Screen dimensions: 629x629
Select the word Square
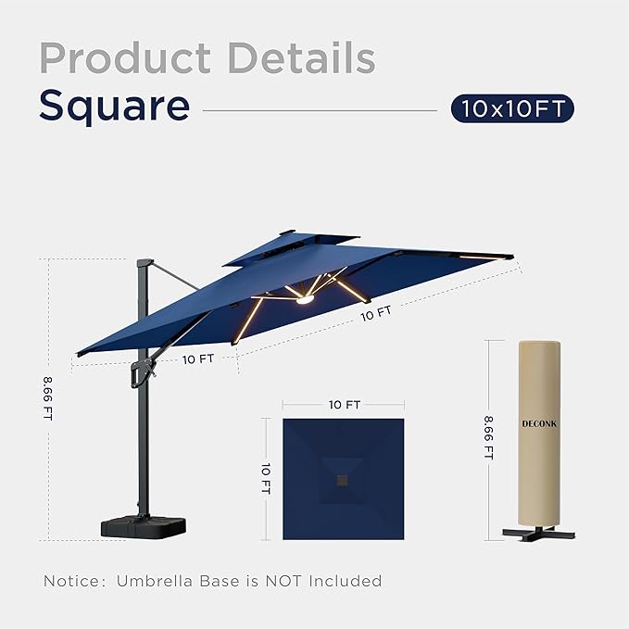tap(114, 108)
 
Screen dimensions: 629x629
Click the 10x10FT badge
tap(512, 109)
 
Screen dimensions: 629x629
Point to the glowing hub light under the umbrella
tap(304, 296)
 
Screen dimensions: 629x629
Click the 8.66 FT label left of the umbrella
tap(47, 398)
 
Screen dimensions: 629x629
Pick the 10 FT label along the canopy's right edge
tap(376, 313)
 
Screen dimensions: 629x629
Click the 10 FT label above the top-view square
tap(344, 405)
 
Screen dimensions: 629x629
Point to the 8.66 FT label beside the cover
tap(488, 437)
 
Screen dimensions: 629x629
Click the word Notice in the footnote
tap(73, 581)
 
